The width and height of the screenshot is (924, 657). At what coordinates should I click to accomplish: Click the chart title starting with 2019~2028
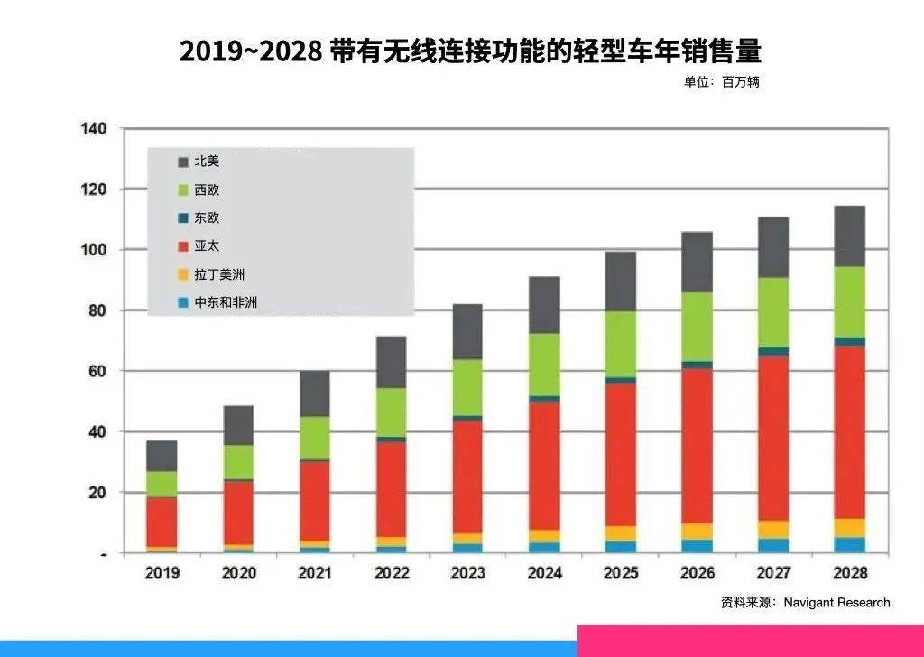coord(470,51)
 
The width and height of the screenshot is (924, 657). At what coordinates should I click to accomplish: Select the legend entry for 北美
coord(207,162)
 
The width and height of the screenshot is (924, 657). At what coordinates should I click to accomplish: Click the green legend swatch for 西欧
coord(183,190)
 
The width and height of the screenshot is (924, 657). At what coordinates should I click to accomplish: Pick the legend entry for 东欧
coord(207,218)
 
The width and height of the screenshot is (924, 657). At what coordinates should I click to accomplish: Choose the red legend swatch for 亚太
coord(183,246)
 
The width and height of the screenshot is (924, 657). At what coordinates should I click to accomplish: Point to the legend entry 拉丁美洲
coord(219,274)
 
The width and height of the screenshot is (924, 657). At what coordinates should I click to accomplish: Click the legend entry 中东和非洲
coord(226,302)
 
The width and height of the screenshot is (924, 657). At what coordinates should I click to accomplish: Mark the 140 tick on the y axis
coord(94,129)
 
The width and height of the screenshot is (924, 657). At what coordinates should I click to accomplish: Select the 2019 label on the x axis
coord(162,573)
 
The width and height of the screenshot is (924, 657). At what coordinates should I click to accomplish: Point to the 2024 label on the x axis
coord(544,573)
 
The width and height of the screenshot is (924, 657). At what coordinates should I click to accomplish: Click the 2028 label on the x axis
coord(849,573)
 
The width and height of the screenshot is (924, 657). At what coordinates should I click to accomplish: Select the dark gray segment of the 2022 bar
coord(392,362)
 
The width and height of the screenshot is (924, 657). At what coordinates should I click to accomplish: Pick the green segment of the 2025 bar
coord(621,344)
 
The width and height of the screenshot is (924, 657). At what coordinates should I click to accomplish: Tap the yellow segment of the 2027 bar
coord(773,529)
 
